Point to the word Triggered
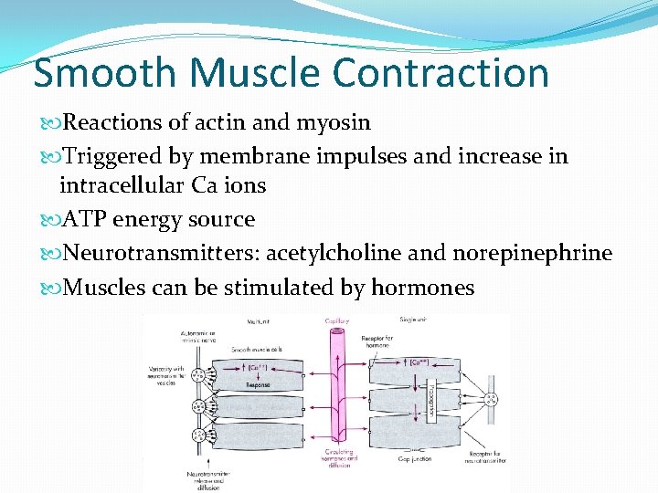(115, 156)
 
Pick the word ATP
(83, 219)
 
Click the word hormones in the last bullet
(422, 288)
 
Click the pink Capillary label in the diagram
(337, 320)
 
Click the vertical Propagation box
(430, 401)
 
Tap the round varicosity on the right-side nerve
(491, 399)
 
